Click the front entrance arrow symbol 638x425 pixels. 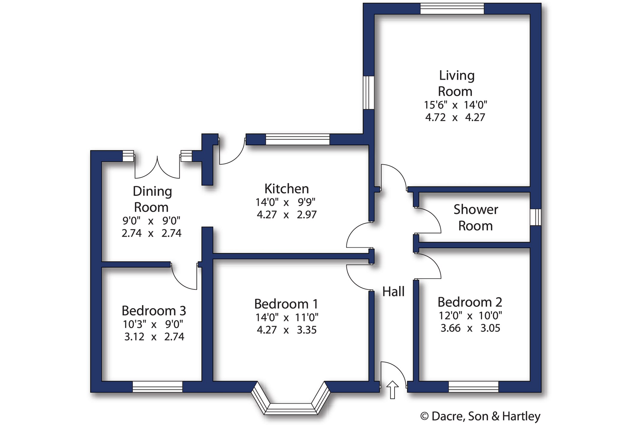(x=392, y=390)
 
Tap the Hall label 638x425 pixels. (x=393, y=292)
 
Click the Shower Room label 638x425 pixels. (x=476, y=218)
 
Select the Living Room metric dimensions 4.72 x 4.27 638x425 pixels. (x=455, y=117)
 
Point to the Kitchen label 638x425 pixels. (x=287, y=189)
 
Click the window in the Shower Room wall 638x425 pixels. (x=535, y=217)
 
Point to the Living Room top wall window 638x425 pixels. (x=452, y=9)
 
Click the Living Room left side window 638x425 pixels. (x=369, y=92)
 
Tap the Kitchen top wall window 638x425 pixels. (x=297, y=140)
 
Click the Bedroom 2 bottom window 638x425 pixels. (x=473, y=387)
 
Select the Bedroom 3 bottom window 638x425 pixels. (x=157, y=387)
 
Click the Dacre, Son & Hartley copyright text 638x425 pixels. (x=480, y=416)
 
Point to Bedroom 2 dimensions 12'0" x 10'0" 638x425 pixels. (x=470, y=316)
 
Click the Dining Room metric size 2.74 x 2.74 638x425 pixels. (x=152, y=233)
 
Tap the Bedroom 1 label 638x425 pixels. (x=286, y=304)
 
